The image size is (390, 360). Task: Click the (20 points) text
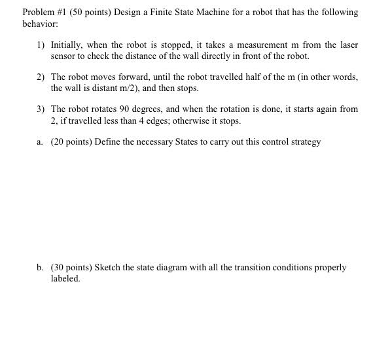pos(71,141)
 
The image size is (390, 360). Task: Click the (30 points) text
pos(71,268)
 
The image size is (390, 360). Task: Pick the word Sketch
pos(108,268)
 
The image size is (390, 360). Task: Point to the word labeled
pos(65,278)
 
